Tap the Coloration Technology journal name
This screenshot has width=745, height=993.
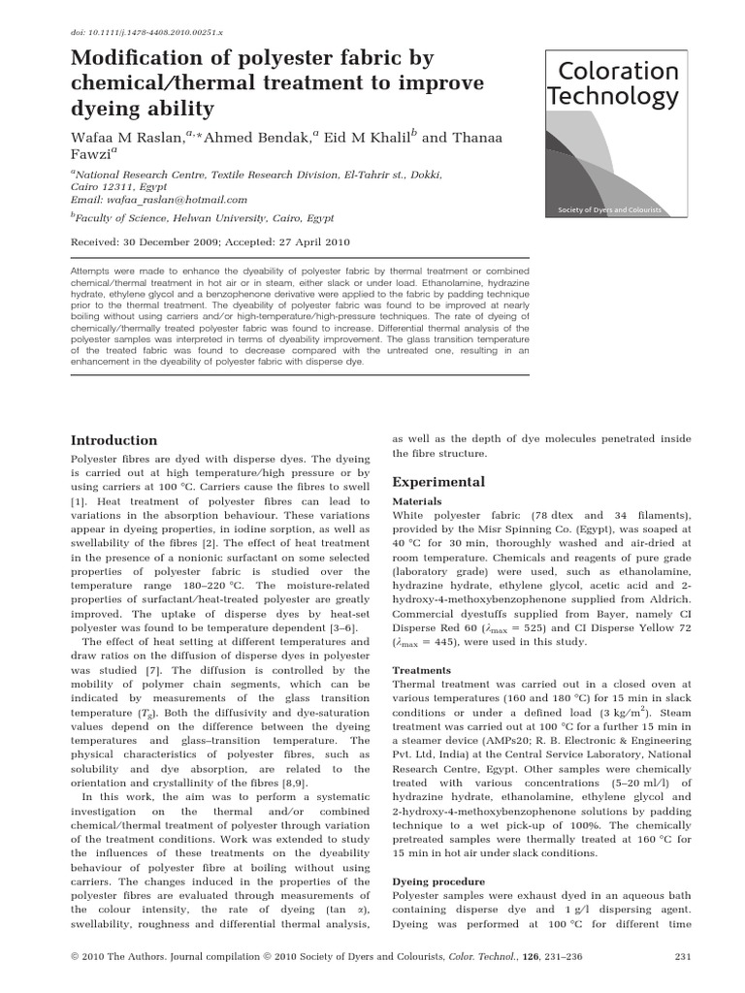pyautogui.click(x=613, y=84)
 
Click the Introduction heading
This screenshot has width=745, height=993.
pyautogui.click(x=114, y=439)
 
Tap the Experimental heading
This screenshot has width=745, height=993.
pyautogui.click(x=437, y=482)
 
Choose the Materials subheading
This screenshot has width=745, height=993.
pyautogui.click(x=416, y=501)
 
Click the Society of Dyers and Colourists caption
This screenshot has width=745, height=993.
pyautogui.click(x=610, y=209)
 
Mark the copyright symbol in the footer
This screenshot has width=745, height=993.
pyautogui.click(x=77, y=957)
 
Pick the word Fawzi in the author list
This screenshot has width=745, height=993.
pyautogui.click(x=94, y=155)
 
